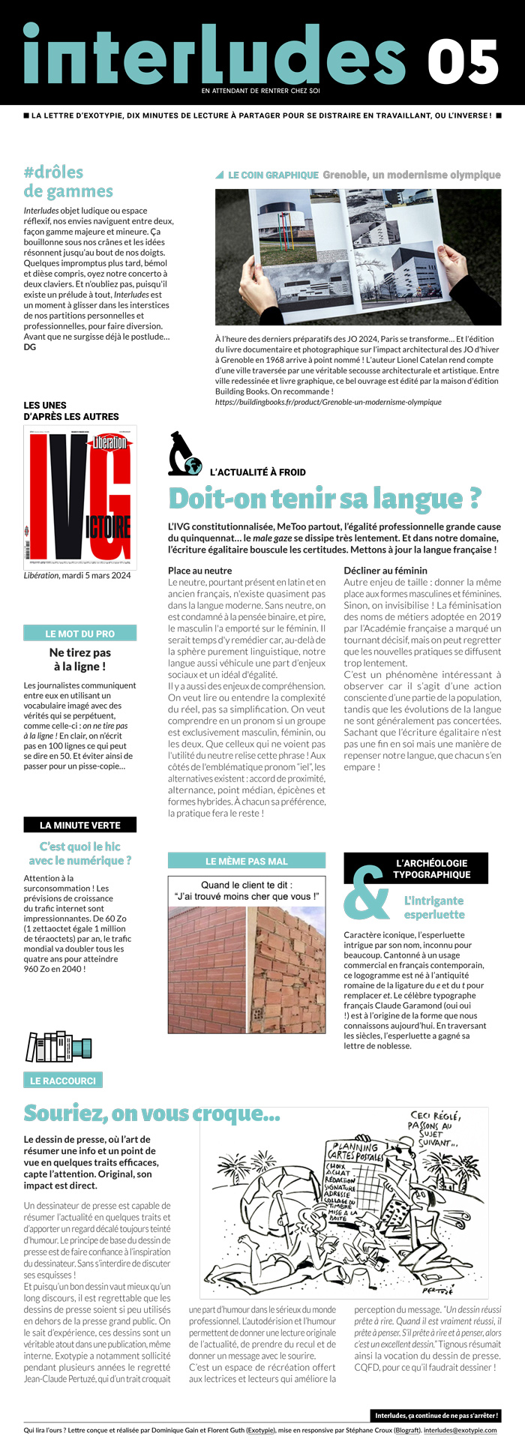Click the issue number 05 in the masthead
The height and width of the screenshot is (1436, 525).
(463, 62)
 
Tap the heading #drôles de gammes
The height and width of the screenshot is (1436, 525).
(68, 182)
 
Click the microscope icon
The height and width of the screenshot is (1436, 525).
(184, 453)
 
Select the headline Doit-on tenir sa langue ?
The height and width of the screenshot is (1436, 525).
(324, 498)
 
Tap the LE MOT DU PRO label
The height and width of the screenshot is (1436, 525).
(80, 634)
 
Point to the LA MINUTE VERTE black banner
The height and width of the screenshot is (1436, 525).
(80, 825)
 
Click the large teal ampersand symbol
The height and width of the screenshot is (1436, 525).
(366, 893)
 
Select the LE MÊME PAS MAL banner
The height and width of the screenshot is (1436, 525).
(247, 861)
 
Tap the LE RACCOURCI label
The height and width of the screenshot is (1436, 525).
(63, 1081)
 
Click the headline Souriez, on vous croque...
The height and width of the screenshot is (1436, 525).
(151, 1114)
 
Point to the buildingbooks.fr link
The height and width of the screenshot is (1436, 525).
(328, 402)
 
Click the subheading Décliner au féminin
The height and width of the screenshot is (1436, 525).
(385, 571)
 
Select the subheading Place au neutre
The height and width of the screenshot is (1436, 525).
(199, 571)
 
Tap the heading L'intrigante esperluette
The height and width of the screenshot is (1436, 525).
(434, 907)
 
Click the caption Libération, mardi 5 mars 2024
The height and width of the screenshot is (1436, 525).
(77, 576)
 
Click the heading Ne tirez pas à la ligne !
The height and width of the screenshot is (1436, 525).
(80, 659)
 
